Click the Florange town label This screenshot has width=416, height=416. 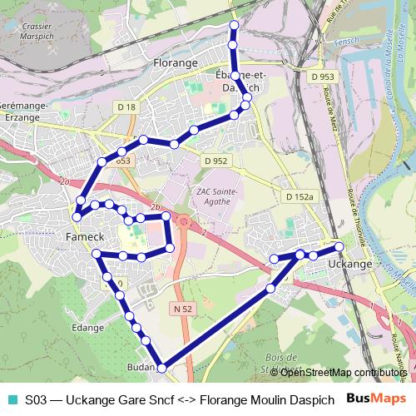tap(176, 62)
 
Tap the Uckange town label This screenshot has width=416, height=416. tap(350, 265)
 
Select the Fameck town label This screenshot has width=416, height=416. tap(84, 236)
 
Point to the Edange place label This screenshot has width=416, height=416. tap(87, 328)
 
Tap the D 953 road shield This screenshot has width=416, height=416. tap(325, 77)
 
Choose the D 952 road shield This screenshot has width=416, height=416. tap(215, 161)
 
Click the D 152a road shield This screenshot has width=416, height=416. tap(299, 197)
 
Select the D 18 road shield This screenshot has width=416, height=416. tap(126, 107)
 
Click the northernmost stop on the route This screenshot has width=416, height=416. tap(234, 24)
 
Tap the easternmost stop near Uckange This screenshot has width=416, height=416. tap(339, 247)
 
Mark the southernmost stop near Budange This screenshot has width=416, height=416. tap(161, 368)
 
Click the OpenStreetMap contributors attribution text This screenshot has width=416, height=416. tap(343, 372)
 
